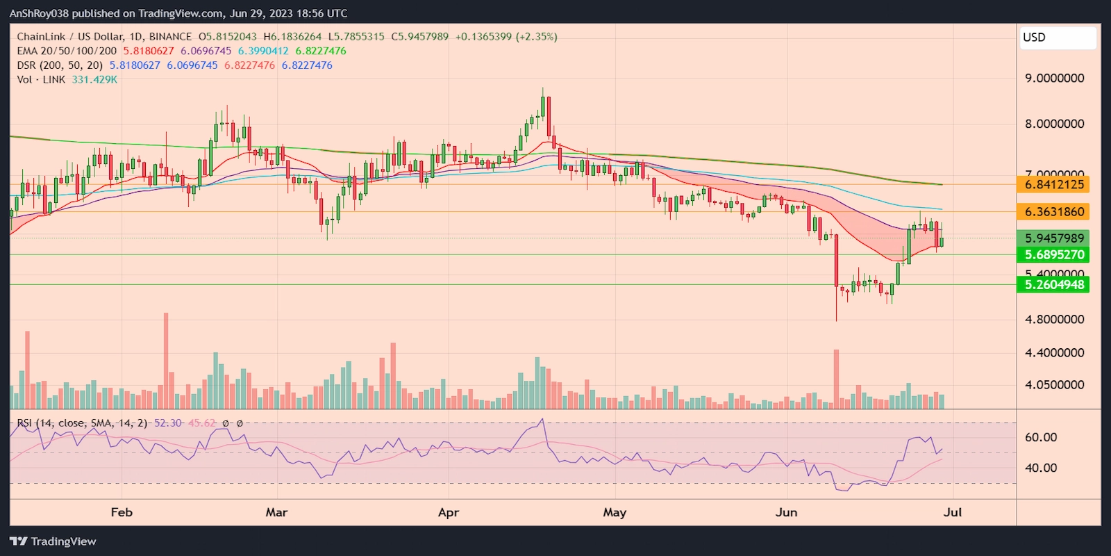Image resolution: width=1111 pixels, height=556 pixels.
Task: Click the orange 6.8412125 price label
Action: coord(1053,185)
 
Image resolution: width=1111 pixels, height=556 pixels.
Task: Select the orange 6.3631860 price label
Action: coord(1053,212)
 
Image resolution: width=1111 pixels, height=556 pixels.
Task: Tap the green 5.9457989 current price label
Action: coord(1053,238)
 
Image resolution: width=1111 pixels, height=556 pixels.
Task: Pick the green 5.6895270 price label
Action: coord(1053,255)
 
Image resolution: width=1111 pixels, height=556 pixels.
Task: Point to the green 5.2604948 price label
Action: coord(1053,285)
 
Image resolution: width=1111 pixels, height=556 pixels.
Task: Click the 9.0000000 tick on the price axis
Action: coord(1054,79)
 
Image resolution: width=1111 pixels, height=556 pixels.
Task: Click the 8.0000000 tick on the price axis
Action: coord(1054,124)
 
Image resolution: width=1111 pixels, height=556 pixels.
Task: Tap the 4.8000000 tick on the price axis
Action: coord(1054,320)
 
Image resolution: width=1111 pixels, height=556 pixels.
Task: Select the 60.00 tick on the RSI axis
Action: coord(1040,437)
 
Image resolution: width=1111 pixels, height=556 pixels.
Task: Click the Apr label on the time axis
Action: coord(449,513)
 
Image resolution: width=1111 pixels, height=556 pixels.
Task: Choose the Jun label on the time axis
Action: coord(786,513)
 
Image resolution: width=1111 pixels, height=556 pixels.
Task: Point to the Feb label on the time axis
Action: coord(122,513)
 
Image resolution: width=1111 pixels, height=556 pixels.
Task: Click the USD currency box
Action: coord(1058,38)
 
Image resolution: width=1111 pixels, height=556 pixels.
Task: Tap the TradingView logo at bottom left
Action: coord(53,541)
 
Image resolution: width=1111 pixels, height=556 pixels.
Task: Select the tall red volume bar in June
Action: coord(836,378)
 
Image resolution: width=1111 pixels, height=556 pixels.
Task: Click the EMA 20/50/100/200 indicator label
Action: coord(67,51)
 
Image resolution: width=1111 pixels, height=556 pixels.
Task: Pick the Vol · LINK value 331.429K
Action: coord(94,80)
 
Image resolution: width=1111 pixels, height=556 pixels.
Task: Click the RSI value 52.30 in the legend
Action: coord(167,423)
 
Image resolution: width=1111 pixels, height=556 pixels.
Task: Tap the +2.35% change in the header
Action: coord(536,37)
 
